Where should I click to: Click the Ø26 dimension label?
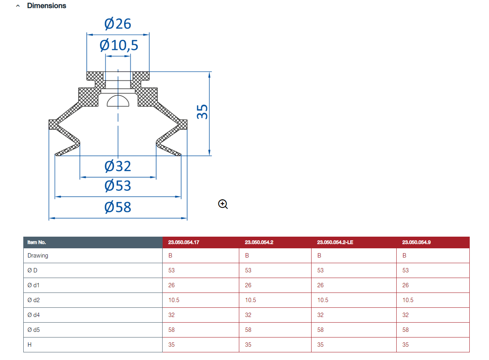click(118, 24)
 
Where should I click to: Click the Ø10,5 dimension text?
click(119, 45)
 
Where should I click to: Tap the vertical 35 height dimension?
click(202, 112)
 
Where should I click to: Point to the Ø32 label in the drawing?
click(118, 166)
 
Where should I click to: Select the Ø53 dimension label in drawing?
click(118, 186)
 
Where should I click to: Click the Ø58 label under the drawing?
click(118, 207)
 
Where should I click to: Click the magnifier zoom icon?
click(223, 204)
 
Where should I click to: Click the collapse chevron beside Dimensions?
click(18, 6)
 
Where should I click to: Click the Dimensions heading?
click(47, 6)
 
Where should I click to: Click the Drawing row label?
click(38, 256)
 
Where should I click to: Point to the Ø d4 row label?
click(34, 315)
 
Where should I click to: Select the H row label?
click(29, 344)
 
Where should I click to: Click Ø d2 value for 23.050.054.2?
click(251, 300)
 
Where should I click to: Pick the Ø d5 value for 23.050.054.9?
click(405, 329)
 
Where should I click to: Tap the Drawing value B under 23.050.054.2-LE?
click(319, 256)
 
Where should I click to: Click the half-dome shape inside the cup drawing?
click(118, 101)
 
